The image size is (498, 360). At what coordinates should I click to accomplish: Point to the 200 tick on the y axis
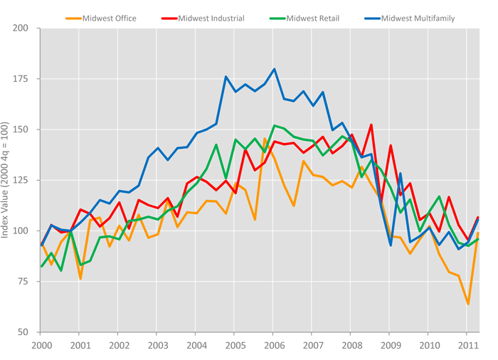(21, 28)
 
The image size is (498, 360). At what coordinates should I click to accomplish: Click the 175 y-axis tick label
(21, 79)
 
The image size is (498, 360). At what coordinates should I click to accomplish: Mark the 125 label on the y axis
(21, 180)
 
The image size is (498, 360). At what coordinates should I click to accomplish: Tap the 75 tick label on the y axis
(23, 282)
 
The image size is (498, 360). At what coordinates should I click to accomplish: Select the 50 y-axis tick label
(23, 332)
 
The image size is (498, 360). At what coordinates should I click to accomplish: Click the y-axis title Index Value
(6, 180)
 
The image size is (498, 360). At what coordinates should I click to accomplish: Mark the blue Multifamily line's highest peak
(275, 69)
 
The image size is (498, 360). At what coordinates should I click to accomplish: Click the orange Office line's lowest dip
(468, 305)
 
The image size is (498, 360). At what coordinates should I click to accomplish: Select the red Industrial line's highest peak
(371, 125)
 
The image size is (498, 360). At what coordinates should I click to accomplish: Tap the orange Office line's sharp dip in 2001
(80, 278)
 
